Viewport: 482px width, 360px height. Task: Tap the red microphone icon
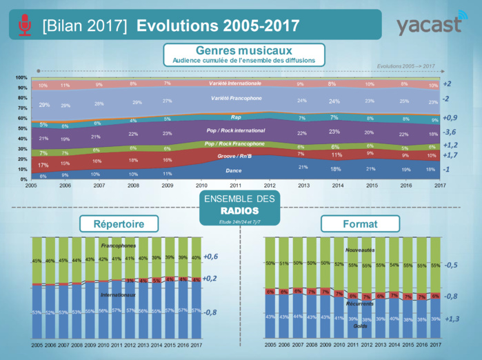click(25, 25)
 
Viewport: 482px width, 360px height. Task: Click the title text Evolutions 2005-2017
click(218, 26)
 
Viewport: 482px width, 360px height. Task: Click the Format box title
click(360, 224)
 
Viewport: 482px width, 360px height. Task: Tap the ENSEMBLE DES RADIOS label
click(239, 205)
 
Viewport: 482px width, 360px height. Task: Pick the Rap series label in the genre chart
click(235, 117)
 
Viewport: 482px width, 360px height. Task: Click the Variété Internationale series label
click(235, 83)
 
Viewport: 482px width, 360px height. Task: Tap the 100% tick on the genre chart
click(21, 77)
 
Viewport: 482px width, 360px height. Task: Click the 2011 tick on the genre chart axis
click(235, 186)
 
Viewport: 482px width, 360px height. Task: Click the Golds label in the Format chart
click(361, 326)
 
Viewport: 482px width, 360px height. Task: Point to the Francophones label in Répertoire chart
click(119, 246)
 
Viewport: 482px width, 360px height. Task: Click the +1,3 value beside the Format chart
click(452, 319)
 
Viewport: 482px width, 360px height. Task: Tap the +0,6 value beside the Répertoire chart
click(211, 257)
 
